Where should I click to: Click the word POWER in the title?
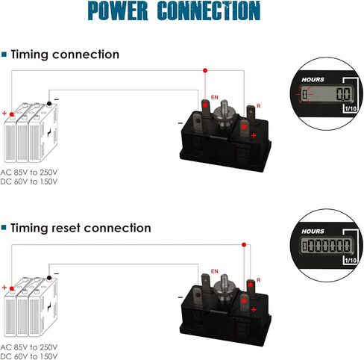[x=118, y=10]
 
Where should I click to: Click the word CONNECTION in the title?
[x=209, y=10]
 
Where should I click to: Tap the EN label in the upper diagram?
[x=215, y=97]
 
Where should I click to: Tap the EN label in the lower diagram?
[x=215, y=271]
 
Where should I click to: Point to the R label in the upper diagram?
[x=259, y=106]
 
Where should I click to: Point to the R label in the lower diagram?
[x=259, y=280]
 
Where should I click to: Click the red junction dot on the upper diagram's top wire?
[x=205, y=70]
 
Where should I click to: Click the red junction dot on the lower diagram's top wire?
[x=244, y=245]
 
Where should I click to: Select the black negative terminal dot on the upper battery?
[x=49, y=104]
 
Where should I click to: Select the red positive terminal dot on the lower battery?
[x=12, y=288]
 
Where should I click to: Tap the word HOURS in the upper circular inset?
[x=313, y=80]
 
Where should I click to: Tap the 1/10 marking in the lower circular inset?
[x=351, y=261]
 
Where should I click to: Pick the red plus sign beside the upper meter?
[x=254, y=135]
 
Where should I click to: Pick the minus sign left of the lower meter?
[x=181, y=297]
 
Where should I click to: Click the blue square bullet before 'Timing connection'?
[x=4, y=55]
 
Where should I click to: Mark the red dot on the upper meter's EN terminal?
[x=205, y=105]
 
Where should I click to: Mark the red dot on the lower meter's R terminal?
[x=251, y=285]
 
